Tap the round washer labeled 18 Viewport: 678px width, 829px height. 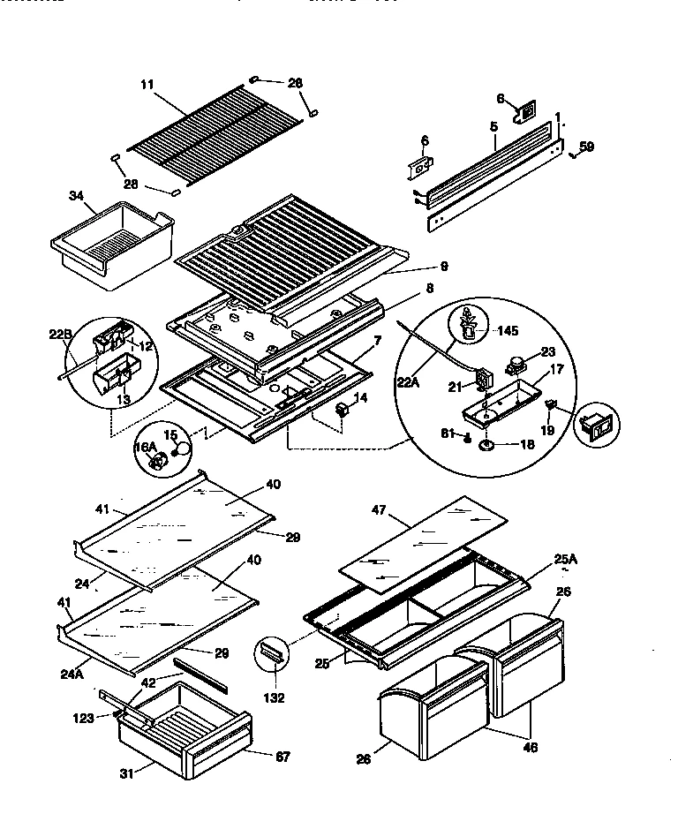click(x=487, y=447)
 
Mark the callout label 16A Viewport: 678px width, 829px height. click(x=146, y=448)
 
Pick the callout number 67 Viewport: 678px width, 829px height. click(x=282, y=757)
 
